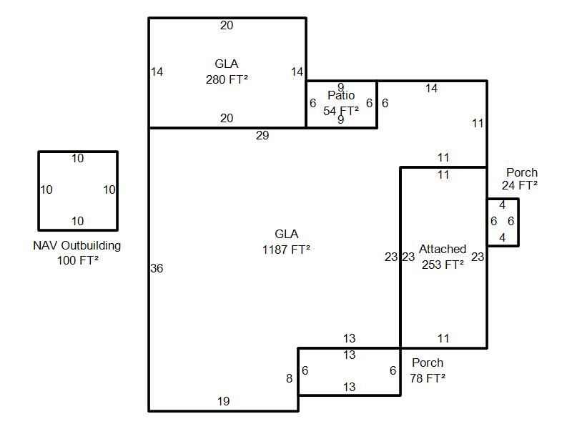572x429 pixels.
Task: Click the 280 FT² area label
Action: point(227,79)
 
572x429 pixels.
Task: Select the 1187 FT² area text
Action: point(286,250)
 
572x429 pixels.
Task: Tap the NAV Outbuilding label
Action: point(77,245)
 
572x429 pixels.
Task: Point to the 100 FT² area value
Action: point(77,261)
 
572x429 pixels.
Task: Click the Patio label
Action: point(341,95)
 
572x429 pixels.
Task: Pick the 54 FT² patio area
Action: point(341,110)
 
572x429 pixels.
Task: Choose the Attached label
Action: point(443,249)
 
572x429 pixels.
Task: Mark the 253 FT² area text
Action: point(443,265)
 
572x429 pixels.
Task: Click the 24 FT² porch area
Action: point(520,185)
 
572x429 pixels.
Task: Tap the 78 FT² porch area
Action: point(428,378)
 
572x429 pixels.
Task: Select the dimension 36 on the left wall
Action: point(157,268)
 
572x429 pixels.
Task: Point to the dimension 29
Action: point(262,135)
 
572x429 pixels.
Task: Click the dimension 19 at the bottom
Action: point(223,401)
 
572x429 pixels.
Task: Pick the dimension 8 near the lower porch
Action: point(289,378)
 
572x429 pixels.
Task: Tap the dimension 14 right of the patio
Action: point(431,88)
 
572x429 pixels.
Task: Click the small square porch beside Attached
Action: point(503,222)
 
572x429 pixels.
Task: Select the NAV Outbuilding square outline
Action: point(77,189)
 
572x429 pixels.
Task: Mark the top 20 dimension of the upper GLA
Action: point(227,26)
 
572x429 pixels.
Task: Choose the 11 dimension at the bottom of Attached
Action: point(443,338)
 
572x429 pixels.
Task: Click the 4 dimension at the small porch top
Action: point(503,205)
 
